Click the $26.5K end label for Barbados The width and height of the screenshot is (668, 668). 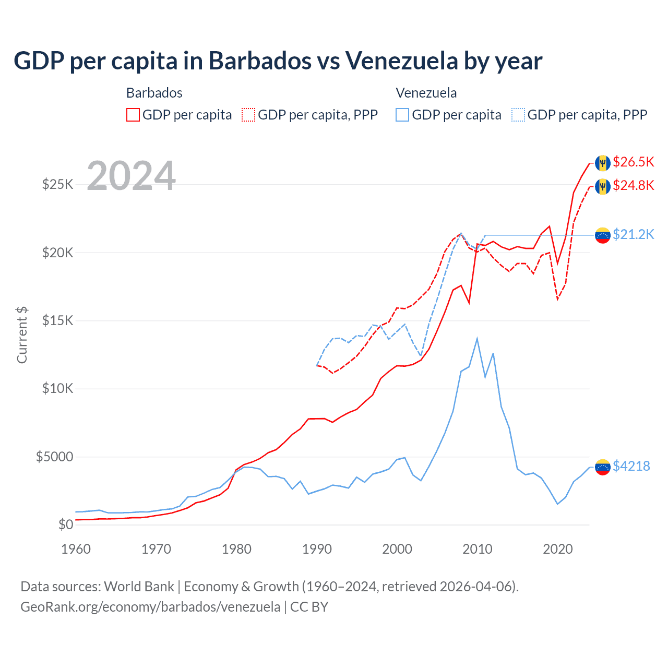point(633,162)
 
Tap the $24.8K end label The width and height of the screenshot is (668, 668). point(633,185)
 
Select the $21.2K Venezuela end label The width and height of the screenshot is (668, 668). point(633,234)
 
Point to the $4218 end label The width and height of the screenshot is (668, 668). point(631,466)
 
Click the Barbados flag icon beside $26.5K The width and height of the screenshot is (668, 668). point(603,163)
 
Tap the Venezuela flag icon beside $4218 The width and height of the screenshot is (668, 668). point(603,467)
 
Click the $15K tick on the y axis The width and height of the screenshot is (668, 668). point(58,320)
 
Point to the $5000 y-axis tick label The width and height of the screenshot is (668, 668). point(54,457)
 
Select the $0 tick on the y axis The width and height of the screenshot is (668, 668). point(65,524)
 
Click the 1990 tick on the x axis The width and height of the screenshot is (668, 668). point(317,549)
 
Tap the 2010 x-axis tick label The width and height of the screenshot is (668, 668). point(478,549)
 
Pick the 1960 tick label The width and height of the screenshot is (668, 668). point(76,549)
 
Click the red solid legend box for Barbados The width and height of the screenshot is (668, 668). point(133,115)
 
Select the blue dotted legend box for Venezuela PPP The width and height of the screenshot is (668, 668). point(518,115)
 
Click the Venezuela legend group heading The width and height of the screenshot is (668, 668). point(426,93)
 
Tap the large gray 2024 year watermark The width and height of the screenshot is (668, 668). point(131,176)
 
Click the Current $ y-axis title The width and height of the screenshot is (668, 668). point(22,335)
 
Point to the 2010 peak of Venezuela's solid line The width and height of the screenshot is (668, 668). point(477,339)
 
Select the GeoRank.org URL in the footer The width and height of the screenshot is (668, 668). point(150,607)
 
